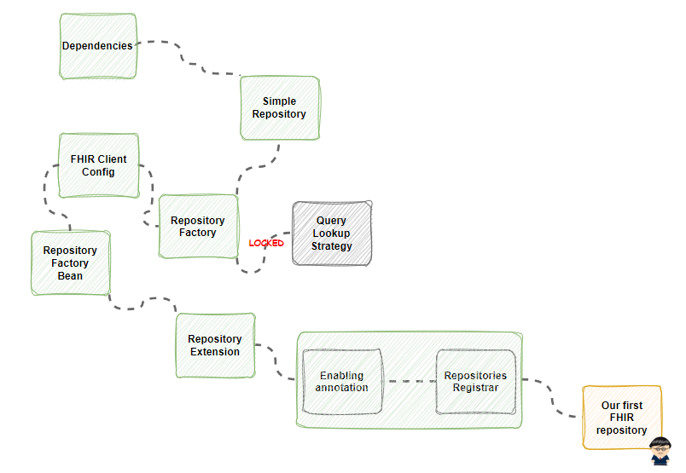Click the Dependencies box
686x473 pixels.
(98, 46)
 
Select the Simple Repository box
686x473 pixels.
(280, 108)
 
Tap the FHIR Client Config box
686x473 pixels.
(99, 165)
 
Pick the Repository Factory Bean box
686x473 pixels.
(71, 263)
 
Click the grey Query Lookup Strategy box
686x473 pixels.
(332, 234)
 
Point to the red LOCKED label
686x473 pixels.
(266, 243)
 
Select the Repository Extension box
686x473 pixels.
(215, 345)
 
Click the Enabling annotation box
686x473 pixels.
(342, 382)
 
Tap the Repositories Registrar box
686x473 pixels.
(476, 382)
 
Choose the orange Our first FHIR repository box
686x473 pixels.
(622, 418)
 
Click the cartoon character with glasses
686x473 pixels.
(660, 451)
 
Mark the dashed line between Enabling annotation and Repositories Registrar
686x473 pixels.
(410, 381)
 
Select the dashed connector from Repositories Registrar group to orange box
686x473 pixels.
(552, 397)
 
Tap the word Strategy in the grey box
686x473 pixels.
(332, 246)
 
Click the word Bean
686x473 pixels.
(70, 276)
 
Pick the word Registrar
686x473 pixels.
(475, 388)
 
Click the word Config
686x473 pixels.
(98, 172)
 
